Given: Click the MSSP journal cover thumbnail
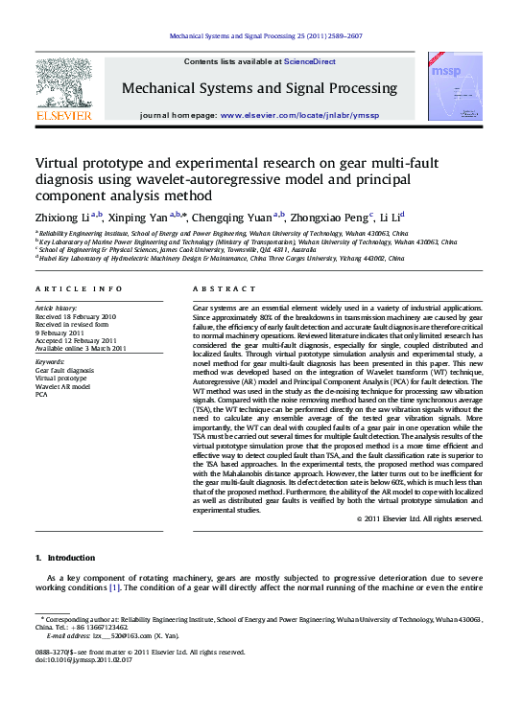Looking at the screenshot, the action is point(455,89).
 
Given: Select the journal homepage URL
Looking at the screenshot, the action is point(299,114).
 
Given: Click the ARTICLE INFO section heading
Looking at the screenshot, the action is point(79,288).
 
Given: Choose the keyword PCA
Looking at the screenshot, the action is point(41,394).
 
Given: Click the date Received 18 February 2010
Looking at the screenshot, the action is point(76,315).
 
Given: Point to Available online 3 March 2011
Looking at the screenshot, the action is point(81,348).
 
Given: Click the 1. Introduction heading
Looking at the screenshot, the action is point(65,557).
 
